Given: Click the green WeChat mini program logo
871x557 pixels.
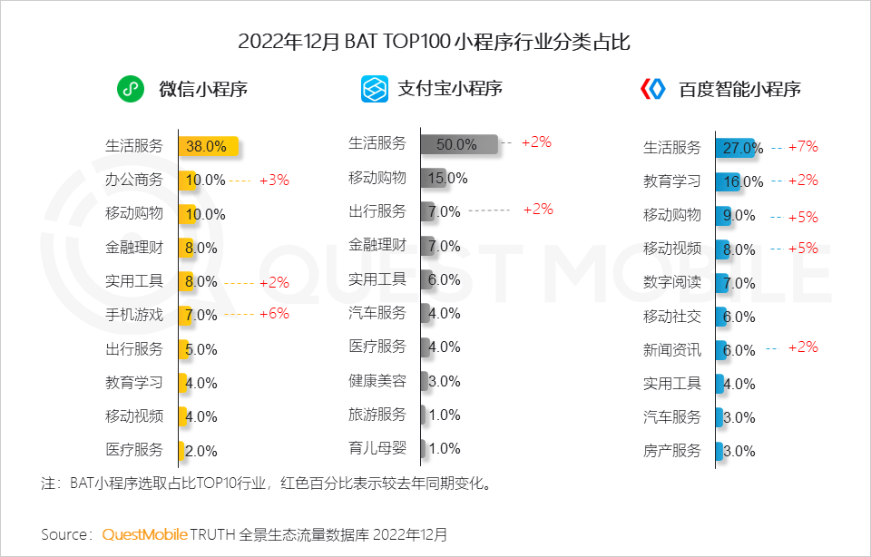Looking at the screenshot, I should [x=131, y=90].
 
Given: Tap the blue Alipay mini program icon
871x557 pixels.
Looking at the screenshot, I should [x=374, y=89].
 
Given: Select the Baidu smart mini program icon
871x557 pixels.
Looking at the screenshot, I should [x=653, y=89].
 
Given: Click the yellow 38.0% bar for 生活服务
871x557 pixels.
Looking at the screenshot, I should [x=209, y=145].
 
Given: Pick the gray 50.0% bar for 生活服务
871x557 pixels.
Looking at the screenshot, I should [x=459, y=144].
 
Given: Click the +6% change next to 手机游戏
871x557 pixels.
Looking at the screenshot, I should [x=274, y=314].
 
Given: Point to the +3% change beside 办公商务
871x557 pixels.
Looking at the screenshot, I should [x=274, y=180].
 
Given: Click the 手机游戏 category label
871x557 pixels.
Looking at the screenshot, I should [x=134, y=315].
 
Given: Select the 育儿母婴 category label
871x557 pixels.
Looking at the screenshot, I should [x=377, y=448].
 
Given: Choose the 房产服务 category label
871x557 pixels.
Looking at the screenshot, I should [x=672, y=451].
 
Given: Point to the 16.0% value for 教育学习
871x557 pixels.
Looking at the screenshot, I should [x=743, y=181].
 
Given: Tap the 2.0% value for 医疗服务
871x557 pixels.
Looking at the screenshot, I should [x=201, y=450].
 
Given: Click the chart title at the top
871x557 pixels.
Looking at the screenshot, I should [x=435, y=42].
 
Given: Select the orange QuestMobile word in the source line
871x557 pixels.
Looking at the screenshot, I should [x=144, y=533].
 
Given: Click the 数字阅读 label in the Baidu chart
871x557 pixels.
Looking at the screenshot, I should [x=672, y=282].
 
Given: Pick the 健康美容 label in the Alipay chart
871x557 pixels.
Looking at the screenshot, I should [x=377, y=381].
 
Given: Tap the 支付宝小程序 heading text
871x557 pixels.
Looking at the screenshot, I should [x=450, y=89].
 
